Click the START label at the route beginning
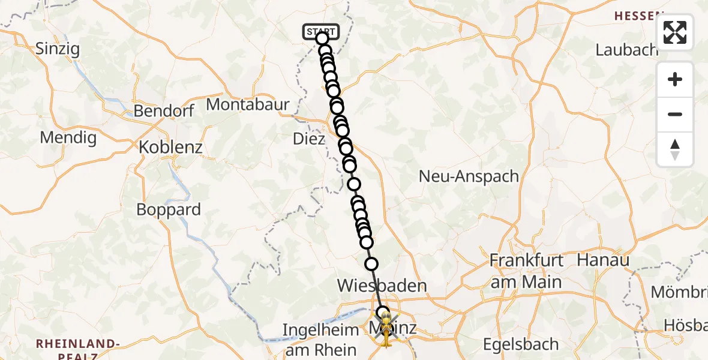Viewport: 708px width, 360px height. (322, 31)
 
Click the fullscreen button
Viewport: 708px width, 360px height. (675, 32)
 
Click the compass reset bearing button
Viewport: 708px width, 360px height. (675, 149)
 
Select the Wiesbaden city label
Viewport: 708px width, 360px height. (382, 285)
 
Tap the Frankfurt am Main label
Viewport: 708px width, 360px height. (526, 271)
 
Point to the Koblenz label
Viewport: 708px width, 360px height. (170, 147)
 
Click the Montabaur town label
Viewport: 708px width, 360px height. (248, 104)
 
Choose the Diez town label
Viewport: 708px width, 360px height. (309, 139)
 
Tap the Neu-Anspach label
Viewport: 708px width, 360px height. (469, 176)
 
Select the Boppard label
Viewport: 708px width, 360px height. (169, 210)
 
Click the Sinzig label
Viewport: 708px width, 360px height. (58, 49)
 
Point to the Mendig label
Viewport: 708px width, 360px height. (68, 137)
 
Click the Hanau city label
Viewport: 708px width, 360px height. (602, 260)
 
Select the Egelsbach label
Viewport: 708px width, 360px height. (521, 344)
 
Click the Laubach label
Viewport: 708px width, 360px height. (626, 49)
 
